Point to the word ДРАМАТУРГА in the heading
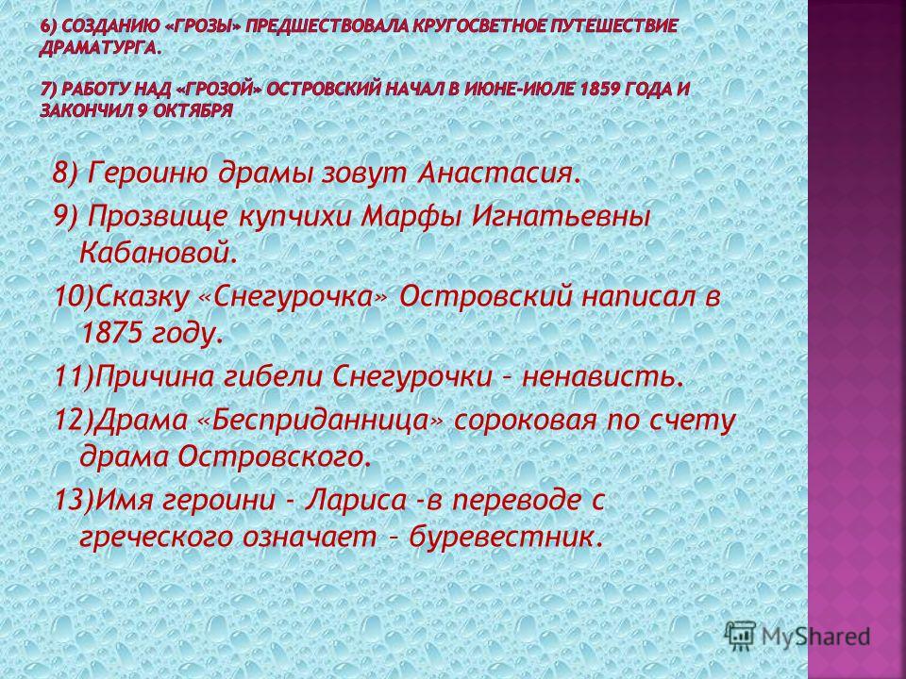pyautogui.click(x=101, y=48)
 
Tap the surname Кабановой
pyautogui.click(x=158, y=253)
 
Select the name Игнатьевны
pyautogui.click(x=561, y=216)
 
